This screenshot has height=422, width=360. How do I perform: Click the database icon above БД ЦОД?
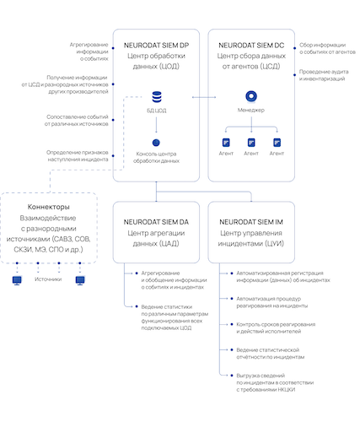(x=156, y=98)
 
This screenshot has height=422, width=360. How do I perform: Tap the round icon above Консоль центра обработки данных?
(x=156, y=143)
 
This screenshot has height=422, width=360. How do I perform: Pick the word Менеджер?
(x=250, y=111)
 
